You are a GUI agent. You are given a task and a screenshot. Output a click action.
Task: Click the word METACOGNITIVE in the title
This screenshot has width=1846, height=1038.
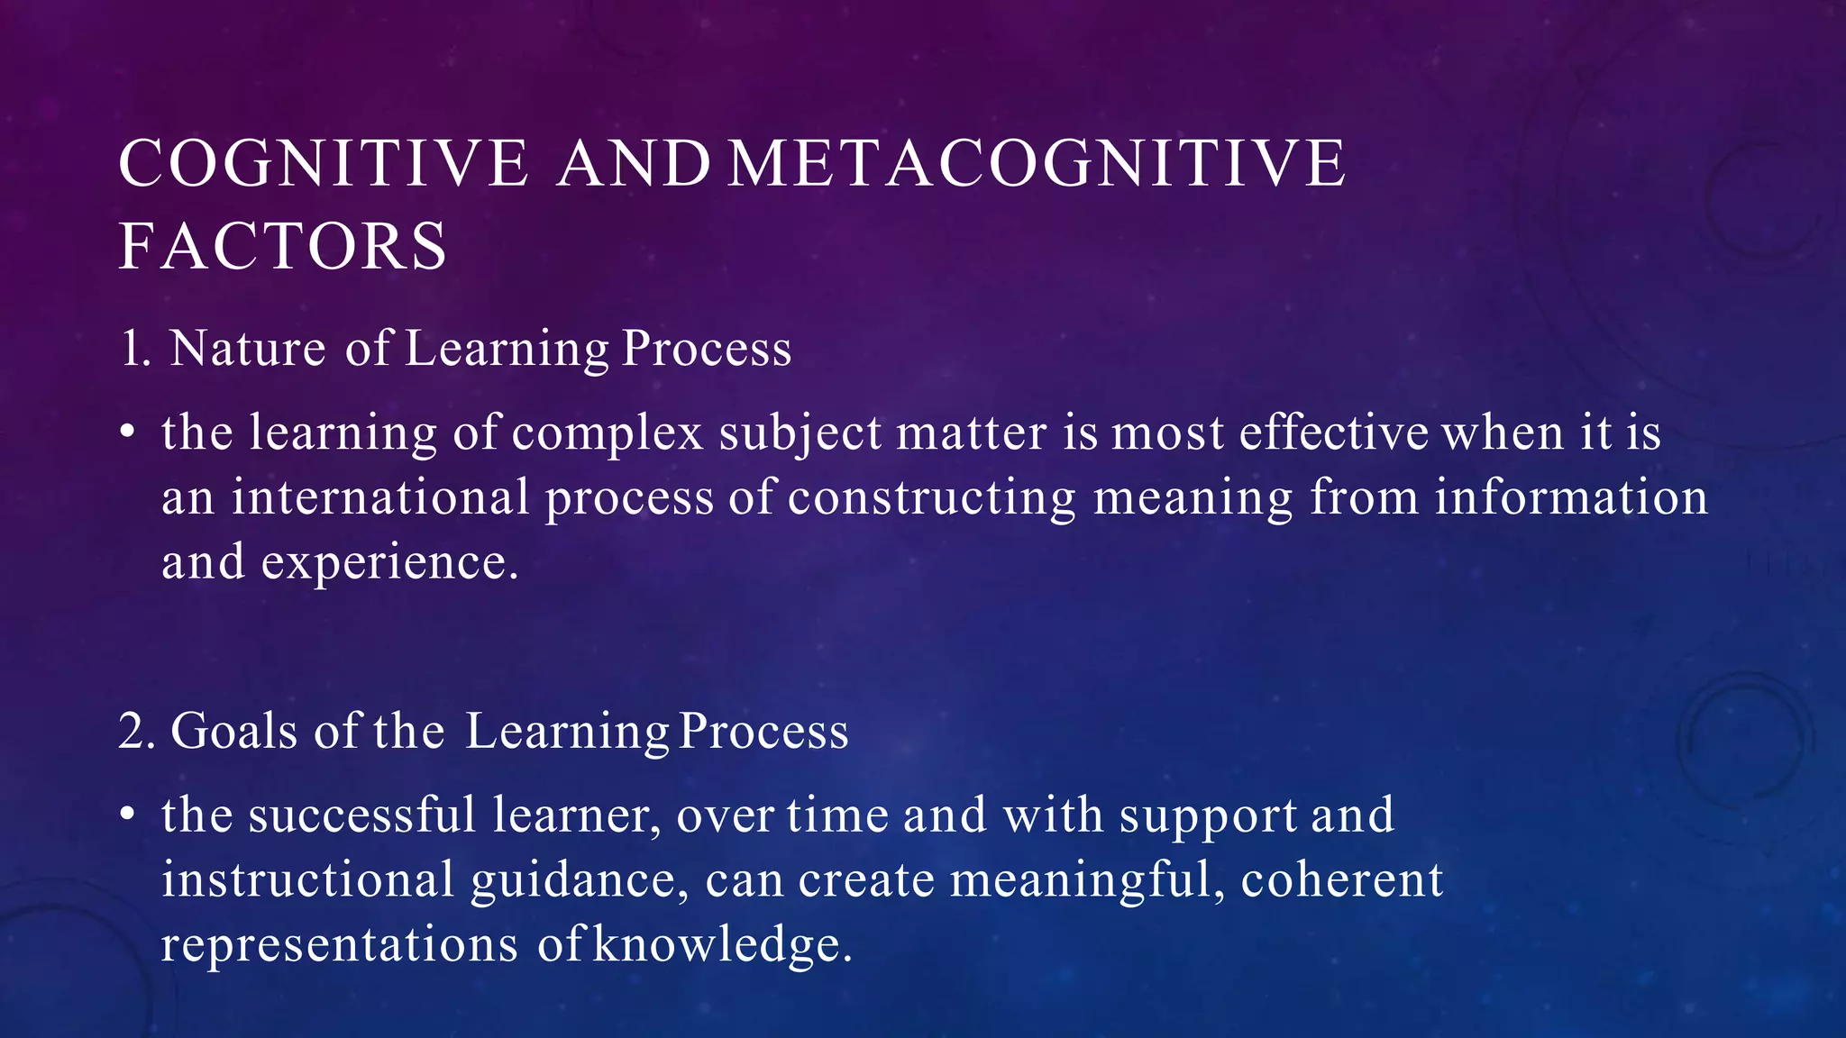click(1037, 164)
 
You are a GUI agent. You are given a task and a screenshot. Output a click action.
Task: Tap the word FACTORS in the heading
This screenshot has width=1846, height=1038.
click(283, 247)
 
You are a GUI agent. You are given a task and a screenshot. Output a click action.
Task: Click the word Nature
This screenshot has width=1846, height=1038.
click(248, 349)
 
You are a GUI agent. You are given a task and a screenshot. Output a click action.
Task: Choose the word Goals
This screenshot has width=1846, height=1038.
click(234, 731)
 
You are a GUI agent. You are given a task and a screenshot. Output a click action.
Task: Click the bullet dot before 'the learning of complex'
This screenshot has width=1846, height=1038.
click(128, 434)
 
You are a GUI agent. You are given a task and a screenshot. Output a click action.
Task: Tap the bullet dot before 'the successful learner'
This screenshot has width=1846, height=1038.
click(128, 816)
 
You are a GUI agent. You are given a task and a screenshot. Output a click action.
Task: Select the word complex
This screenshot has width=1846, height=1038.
click(608, 433)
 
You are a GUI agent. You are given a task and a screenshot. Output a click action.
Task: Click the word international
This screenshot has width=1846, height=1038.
click(380, 498)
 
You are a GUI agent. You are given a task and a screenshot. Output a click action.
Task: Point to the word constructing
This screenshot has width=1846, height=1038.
click(932, 498)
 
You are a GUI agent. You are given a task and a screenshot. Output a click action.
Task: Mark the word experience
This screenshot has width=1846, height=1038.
click(389, 564)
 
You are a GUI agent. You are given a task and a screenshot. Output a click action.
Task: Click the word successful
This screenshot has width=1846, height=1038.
click(362, 815)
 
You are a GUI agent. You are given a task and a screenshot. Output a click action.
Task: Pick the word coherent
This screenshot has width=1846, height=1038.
click(1341, 880)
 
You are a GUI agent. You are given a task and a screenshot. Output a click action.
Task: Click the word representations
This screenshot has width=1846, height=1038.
click(340, 945)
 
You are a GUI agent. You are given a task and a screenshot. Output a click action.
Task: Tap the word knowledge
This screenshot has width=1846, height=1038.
click(722, 945)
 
